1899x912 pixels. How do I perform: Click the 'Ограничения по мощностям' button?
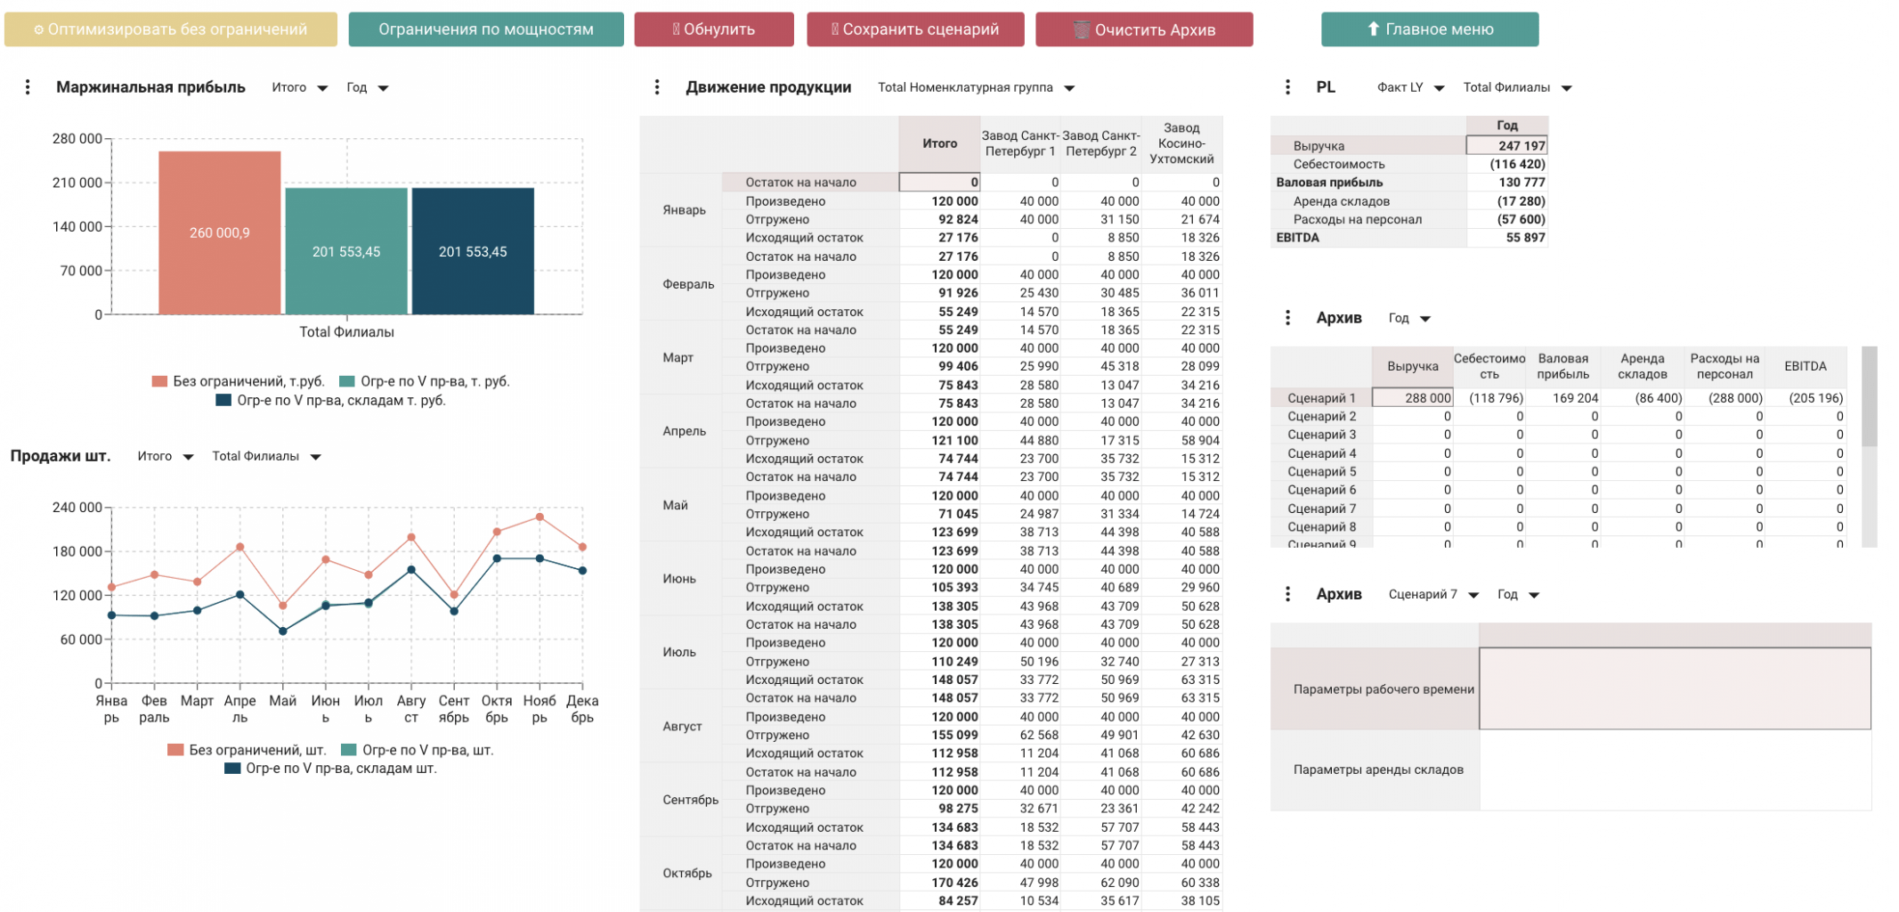(x=485, y=29)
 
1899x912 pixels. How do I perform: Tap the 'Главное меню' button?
(x=1429, y=29)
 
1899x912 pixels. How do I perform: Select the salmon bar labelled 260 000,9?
(x=219, y=232)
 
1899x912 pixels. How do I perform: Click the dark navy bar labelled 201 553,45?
(x=473, y=251)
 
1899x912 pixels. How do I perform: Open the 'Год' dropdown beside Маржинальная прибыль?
(x=367, y=87)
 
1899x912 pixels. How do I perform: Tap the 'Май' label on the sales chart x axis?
(x=282, y=701)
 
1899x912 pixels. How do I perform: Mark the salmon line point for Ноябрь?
(x=540, y=517)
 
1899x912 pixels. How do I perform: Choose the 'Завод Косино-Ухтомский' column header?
(x=1181, y=143)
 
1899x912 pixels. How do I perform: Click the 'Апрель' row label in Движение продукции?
(x=684, y=431)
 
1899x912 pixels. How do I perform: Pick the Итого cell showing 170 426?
(x=954, y=883)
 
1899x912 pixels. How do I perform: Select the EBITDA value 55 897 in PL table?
(x=1525, y=238)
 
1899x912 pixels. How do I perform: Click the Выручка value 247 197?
(x=1521, y=146)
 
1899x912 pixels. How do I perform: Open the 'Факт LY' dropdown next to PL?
(x=1410, y=87)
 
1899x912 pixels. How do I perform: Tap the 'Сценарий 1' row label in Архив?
(x=1321, y=398)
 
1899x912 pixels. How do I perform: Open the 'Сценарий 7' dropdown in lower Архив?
(x=1432, y=594)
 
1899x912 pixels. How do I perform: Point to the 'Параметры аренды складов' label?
(x=1377, y=769)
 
